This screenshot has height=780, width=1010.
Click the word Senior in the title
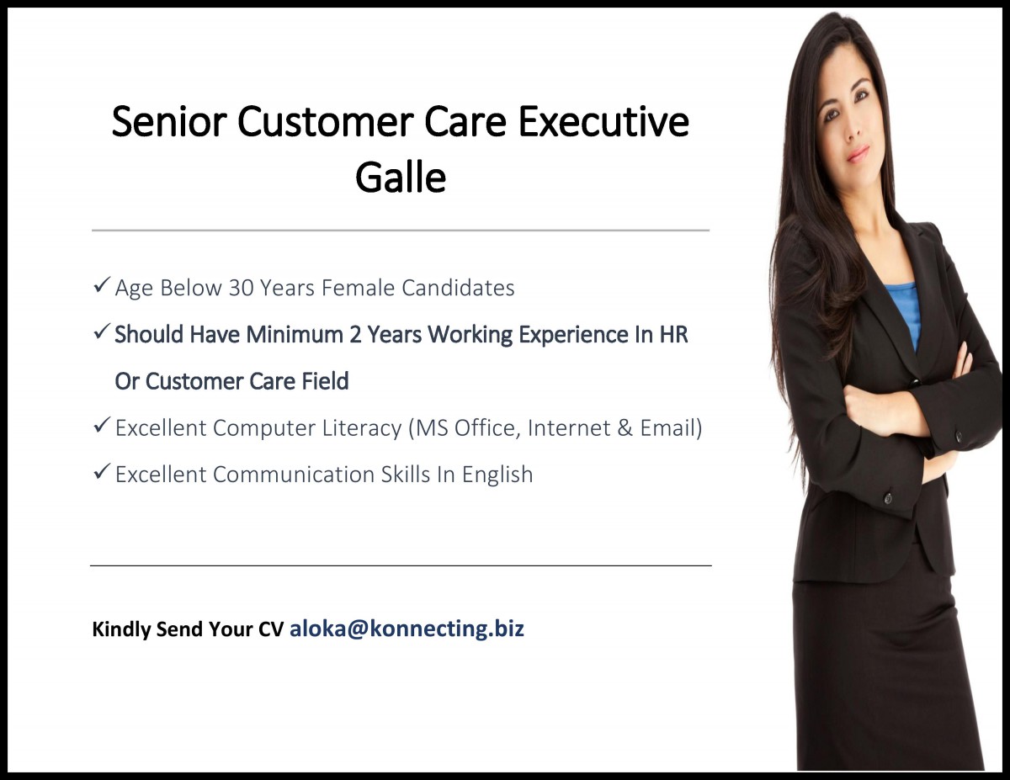[x=168, y=122]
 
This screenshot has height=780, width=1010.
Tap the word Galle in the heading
[x=401, y=178]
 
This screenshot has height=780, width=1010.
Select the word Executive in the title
[x=604, y=122]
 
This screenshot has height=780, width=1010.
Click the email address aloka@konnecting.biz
[x=407, y=629]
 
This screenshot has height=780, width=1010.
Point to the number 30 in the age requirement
[x=241, y=288]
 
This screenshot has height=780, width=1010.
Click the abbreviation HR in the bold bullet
[x=673, y=335]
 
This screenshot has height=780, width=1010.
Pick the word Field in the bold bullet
[x=324, y=381]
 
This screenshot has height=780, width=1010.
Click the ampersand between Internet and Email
[x=625, y=428]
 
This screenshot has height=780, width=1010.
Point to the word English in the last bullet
[x=497, y=475]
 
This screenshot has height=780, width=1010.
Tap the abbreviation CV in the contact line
[x=272, y=629]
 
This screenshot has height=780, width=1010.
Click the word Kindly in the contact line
[x=121, y=629]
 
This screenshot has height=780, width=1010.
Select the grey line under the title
[x=401, y=230]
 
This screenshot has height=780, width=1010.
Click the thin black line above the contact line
[x=401, y=565]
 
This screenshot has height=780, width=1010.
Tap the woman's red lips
[x=858, y=155]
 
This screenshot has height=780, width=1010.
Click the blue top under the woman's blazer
[x=903, y=307]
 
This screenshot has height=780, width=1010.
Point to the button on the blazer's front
[x=887, y=497]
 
